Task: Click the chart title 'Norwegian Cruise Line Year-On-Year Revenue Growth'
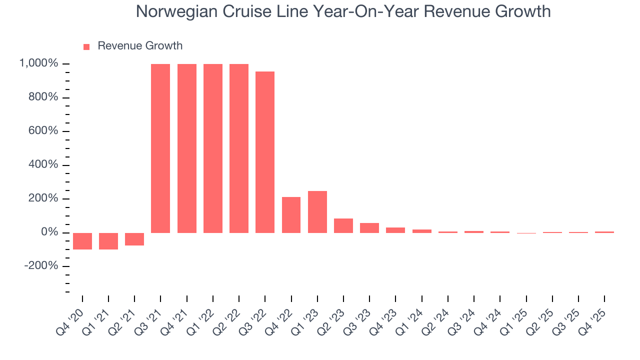click(x=343, y=12)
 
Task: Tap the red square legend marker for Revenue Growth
click(x=86, y=46)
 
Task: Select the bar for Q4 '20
click(x=82, y=241)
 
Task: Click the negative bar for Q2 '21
click(x=134, y=239)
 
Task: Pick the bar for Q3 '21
click(x=160, y=148)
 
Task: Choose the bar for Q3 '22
click(x=265, y=152)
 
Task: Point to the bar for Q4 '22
click(x=291, y=215)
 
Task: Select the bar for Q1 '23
click(x=317, y=212)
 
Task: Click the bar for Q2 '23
click(x=343, y=225)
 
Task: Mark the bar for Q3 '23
click(x=369, y=228)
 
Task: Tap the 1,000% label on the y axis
click(x=39, y=63)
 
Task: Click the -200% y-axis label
click(x=41, y=266)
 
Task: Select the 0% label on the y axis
click(x=48, y=232)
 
